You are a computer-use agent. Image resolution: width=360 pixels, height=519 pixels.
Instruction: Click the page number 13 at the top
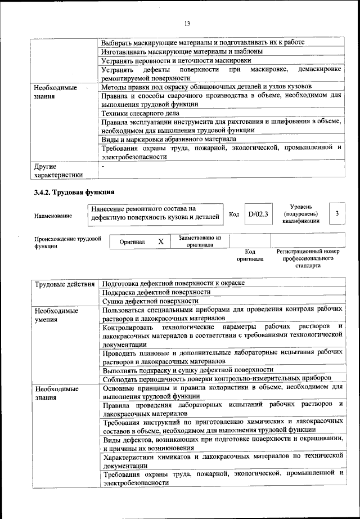187,23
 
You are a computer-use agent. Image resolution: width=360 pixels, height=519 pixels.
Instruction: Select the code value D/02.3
259,214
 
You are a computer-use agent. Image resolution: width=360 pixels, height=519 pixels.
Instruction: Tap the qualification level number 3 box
336,214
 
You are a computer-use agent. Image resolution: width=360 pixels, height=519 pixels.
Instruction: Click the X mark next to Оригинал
161,241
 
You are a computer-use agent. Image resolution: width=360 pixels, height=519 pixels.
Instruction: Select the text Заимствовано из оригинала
200,241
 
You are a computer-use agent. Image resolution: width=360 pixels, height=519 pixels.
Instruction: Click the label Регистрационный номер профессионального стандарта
308,258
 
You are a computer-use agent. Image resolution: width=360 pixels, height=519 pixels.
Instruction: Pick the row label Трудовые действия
64,284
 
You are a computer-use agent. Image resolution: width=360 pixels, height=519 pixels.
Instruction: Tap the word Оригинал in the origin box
132,242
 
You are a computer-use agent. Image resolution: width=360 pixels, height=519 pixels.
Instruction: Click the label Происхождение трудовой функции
67,242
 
